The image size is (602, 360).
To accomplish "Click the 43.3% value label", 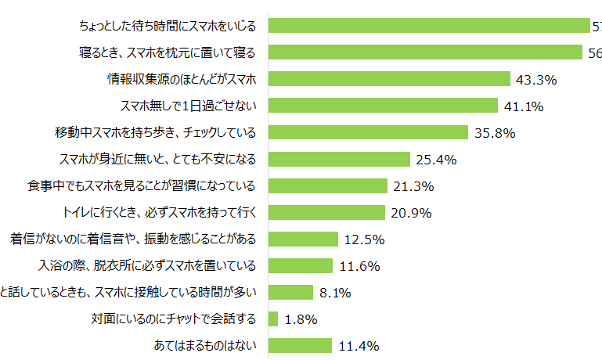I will point(536,79).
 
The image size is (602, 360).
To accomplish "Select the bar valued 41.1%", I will point(383,106).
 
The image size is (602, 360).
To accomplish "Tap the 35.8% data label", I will point(495,132).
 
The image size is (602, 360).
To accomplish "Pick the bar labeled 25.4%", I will point(339,159).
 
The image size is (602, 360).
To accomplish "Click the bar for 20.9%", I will point(326,212).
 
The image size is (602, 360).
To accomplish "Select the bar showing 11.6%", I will point(301,265).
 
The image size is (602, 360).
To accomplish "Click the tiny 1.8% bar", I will point(273,319).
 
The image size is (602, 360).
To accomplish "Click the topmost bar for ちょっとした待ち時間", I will point(428,26).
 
